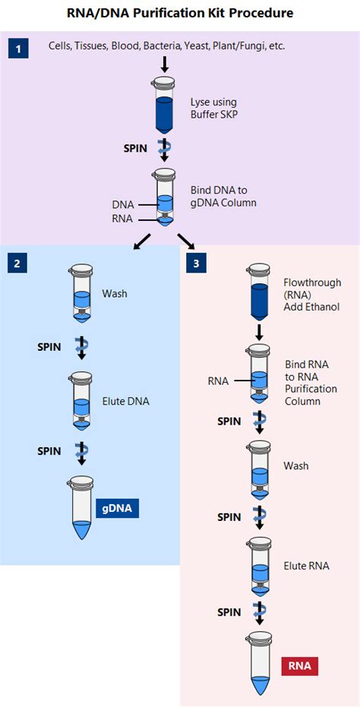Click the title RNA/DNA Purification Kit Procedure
coord(180,13)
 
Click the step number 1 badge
coord(19,49)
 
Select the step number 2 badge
coord(19,264)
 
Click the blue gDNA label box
coord(118,509)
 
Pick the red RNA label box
coord(300,666)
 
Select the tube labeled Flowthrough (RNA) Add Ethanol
coord(259,289)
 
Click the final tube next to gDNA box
coord(81,510)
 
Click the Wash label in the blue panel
coord(114,293)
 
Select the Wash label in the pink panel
coord(295,466)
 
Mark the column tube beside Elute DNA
coord(81,400)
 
